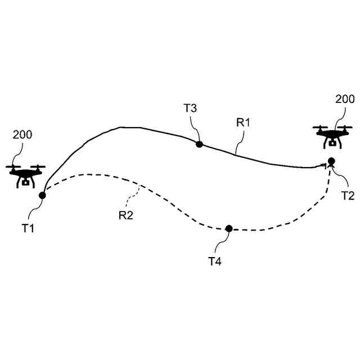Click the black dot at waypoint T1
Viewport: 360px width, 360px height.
pyautogui.click(x=42, y=195)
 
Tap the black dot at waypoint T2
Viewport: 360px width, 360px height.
pyautogui.click(x=331, y=161)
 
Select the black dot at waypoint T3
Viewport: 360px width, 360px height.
pyautogui.click(x=199, y=144)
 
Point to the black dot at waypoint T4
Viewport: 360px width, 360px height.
pyautogui.click(x=229, y=228)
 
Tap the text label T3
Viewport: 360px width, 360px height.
pyautogui.click(x=190, y=109)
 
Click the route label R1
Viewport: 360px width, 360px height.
pyautogui.click(x=243, y=123)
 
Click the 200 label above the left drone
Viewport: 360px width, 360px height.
pyautogui.click(x=22, y=134)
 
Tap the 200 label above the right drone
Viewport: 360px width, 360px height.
pyautogui.click(x=345, y=99)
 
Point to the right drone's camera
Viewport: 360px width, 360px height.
pyautogui.click(x=333, y=143)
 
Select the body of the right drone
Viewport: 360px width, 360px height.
pyautogui.click(x=333, y=135)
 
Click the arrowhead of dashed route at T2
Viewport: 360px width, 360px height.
pyautogui.click(x=328, y=169)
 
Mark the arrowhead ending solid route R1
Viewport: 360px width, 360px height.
pyautogui.click(x=323, y=165)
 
